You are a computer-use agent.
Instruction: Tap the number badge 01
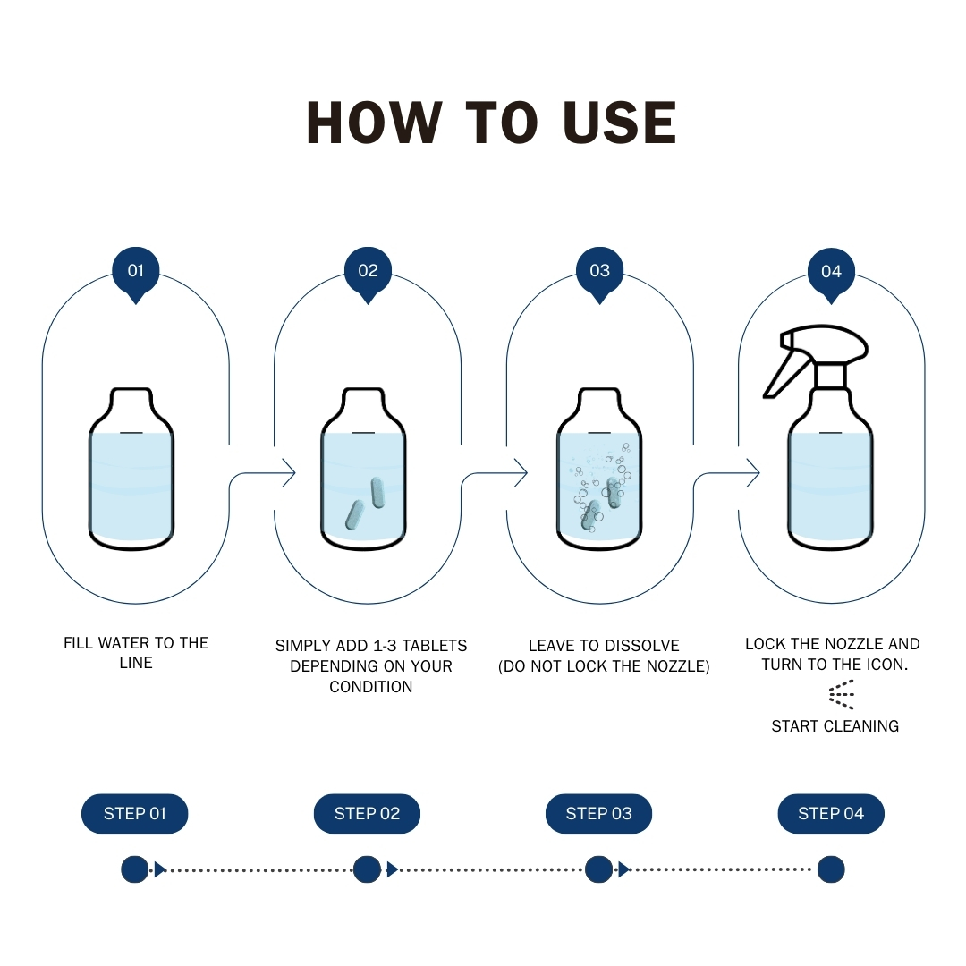[x=135, y=270]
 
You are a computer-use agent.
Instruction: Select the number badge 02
[x=368, y=270]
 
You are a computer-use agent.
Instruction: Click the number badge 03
[x=599, y=270]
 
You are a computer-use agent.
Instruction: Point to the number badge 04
[x=831, y=270]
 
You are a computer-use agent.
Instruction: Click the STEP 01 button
[x=135, y=813]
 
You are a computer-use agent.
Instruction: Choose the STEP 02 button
[x=367, y=813]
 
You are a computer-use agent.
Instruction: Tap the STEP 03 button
[x=598, y=813]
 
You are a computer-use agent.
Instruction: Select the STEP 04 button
[x=831, y=813]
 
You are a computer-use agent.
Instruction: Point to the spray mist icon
[x=841, y=694]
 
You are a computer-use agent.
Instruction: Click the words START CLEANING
[x=835, y=726]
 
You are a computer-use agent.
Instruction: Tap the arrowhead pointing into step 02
[x=288, y=473]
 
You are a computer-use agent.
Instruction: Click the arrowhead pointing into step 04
[x=752, y=473]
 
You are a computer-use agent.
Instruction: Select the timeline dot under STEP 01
[x=135, y=869]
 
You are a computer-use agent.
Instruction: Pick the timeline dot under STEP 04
[x=831, y=869]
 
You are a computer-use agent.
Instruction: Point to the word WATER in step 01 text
[x=123, y=643]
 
